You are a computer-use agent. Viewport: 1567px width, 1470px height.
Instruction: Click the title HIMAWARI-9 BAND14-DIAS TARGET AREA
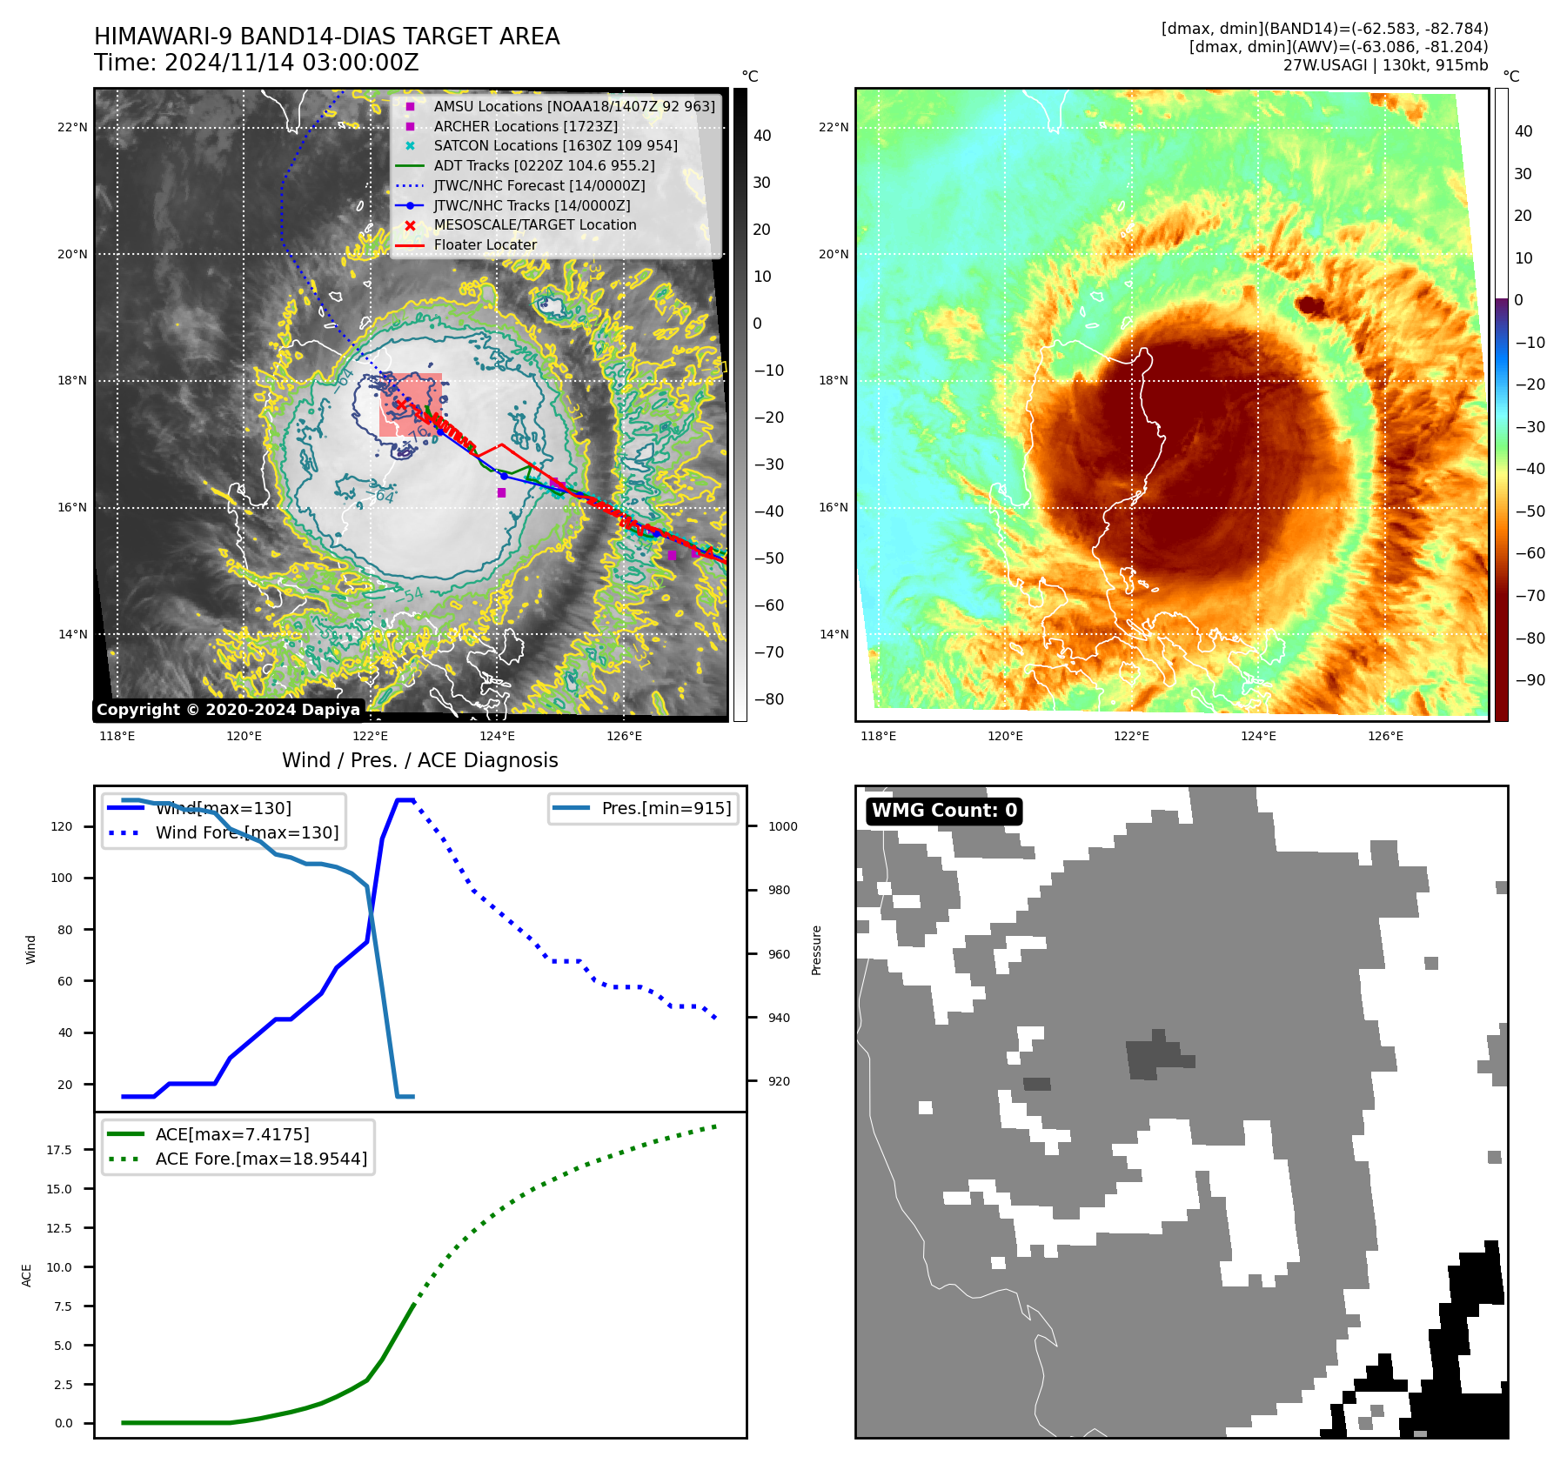point(326,37)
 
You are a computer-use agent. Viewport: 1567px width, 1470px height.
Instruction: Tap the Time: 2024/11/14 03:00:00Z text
point(257,63)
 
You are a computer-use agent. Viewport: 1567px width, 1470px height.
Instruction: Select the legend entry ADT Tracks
point(544,165)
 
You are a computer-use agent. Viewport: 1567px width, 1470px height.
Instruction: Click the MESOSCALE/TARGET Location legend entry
point(534,224)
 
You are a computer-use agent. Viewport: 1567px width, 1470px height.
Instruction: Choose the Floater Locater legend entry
point(485,244)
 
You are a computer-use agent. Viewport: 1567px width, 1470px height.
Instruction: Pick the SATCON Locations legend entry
point(555,145)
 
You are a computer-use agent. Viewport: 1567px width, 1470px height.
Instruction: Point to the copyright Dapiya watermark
point(228,710)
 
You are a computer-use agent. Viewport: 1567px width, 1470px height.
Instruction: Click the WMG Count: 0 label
point(944,811)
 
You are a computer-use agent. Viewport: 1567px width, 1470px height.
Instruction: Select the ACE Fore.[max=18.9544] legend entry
point(260,1159)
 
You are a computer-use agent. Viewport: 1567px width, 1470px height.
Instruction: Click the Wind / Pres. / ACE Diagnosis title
point(419,760)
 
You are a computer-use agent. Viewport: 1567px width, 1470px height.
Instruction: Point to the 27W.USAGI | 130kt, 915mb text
point(1385,65)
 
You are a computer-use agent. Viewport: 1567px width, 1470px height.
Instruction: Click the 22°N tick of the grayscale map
point(72,128)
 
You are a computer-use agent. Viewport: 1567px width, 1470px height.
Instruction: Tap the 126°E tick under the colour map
point(1385,737)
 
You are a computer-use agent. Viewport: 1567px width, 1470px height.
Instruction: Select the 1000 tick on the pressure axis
point(782,827)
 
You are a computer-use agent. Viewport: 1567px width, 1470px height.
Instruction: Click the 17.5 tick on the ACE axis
point(59,1150)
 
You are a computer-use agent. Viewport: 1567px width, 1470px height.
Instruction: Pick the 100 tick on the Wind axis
point(62,879)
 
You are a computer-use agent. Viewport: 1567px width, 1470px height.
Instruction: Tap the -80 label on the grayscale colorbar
point(768,699)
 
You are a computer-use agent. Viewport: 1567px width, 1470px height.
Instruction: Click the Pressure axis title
point(816,950)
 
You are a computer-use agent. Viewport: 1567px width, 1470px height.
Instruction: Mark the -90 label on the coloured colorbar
point(1530,680)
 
